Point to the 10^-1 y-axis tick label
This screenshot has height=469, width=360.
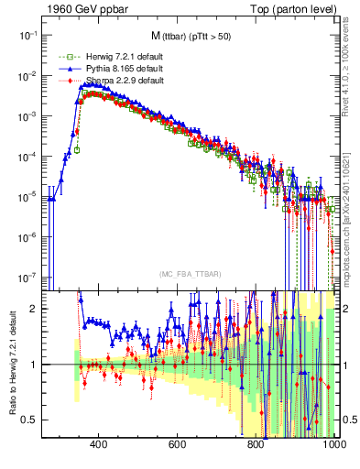[27, 34]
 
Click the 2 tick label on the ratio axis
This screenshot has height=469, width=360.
[34, 309]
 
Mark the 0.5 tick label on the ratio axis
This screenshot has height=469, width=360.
[29, 420]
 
